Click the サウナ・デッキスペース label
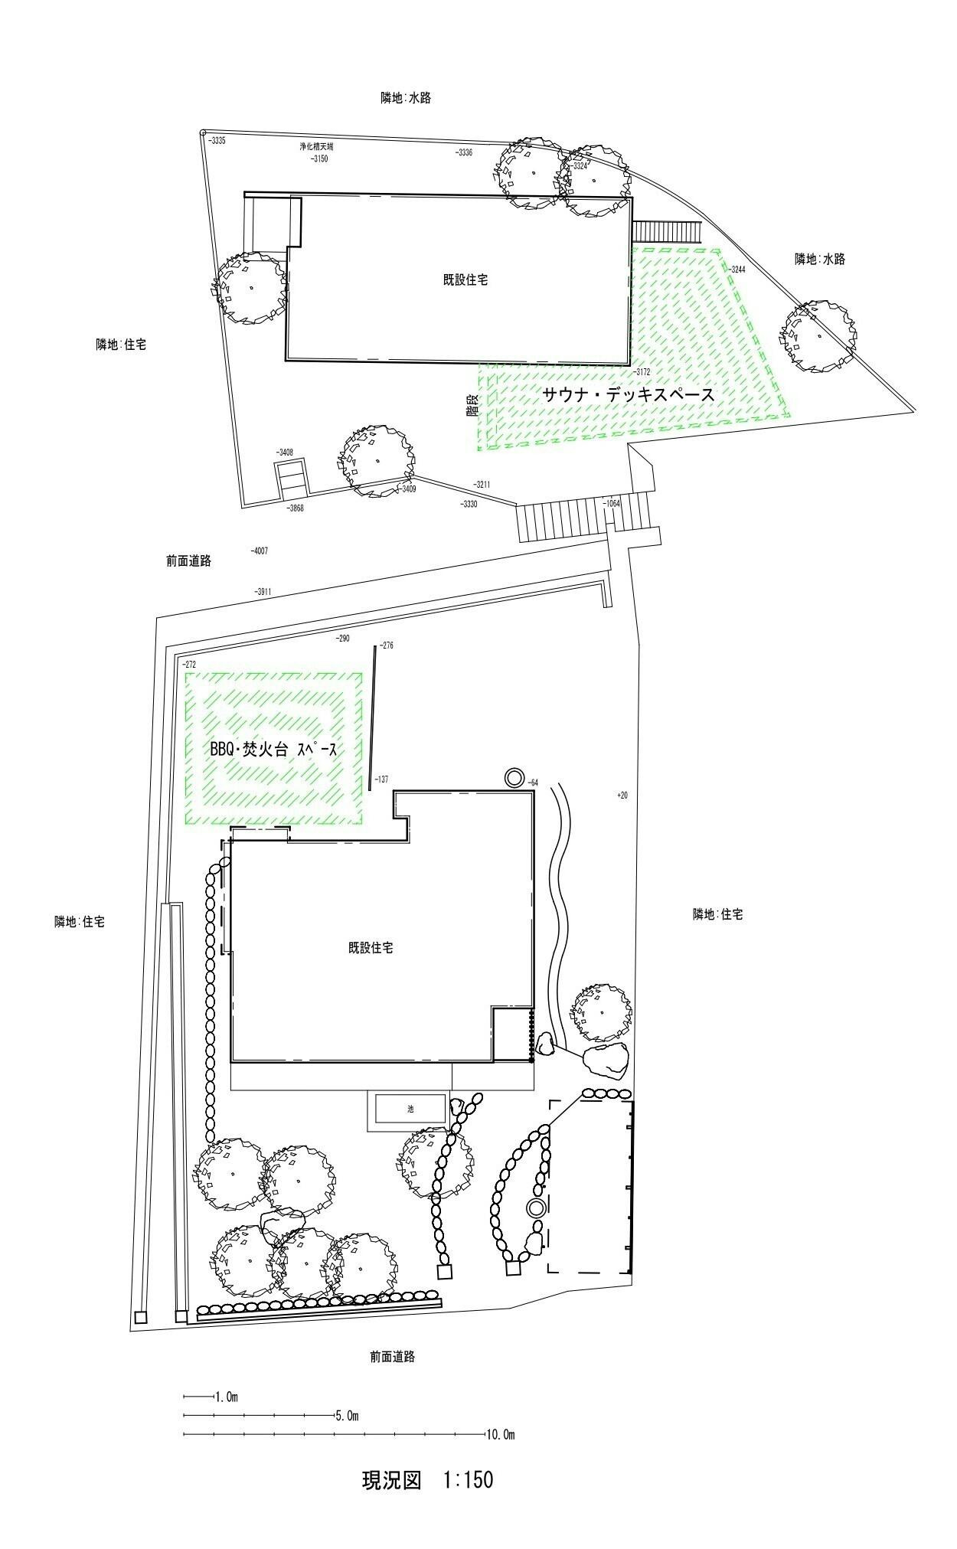(x=629, y=395)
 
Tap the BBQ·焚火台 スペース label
(x=273, y=750)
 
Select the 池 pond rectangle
(x=410, y=1109)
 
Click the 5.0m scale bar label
(x=347, y=1416)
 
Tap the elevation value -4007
(x=260, y=551)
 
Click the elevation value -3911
(x=263, y=592)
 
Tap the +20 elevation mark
(x=622, y=796)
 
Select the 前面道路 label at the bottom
(x=391, y=1356)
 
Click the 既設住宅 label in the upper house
(x=465, y=279)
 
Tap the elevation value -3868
(x=295, y=508)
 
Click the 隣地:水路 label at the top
(x=406, y=98)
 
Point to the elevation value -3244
(x=737, y=270)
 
